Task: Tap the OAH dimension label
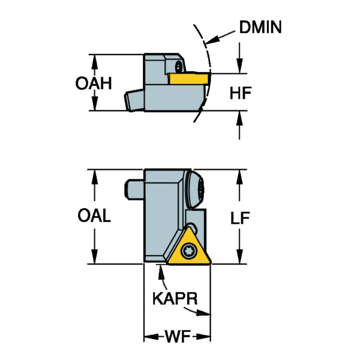click(94, 83)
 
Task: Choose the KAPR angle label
click(175, 298)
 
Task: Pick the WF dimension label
click(177, 336)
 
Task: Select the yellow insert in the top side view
click(188, 78)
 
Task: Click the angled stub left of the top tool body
click(134, 100)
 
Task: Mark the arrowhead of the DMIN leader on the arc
click(207, 42)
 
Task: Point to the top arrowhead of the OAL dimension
click(94, 173)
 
